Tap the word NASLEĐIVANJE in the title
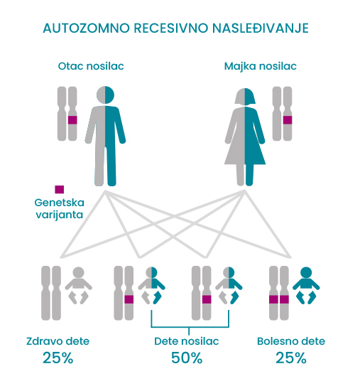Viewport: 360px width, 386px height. [260, 28]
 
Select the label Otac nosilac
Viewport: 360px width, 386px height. [91, 66]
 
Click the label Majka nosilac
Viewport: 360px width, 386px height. [260, 66]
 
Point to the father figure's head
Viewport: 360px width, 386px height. [105, 95]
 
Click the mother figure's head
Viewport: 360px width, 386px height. [245, 96]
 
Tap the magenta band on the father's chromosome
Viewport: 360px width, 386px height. [72, 120]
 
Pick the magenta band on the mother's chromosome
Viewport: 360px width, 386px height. [288, 120]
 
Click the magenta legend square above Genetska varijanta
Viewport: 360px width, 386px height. [59, 190]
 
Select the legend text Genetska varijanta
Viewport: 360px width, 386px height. [59, 208]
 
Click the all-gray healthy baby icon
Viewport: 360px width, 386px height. [78, 286]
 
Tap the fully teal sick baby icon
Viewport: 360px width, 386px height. [306, 286]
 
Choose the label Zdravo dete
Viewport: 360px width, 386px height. [58, 341]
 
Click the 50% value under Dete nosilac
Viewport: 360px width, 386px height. [187, 358]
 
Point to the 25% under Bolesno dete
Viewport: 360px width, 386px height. [291, 358]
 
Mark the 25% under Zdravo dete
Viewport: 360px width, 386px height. [58, 358]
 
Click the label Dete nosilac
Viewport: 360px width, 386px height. [187, 341]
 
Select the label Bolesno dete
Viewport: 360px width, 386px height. [291, 341]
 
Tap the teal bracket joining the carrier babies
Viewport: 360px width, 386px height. [190, 327]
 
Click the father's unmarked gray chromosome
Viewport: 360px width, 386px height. [62, 114]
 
